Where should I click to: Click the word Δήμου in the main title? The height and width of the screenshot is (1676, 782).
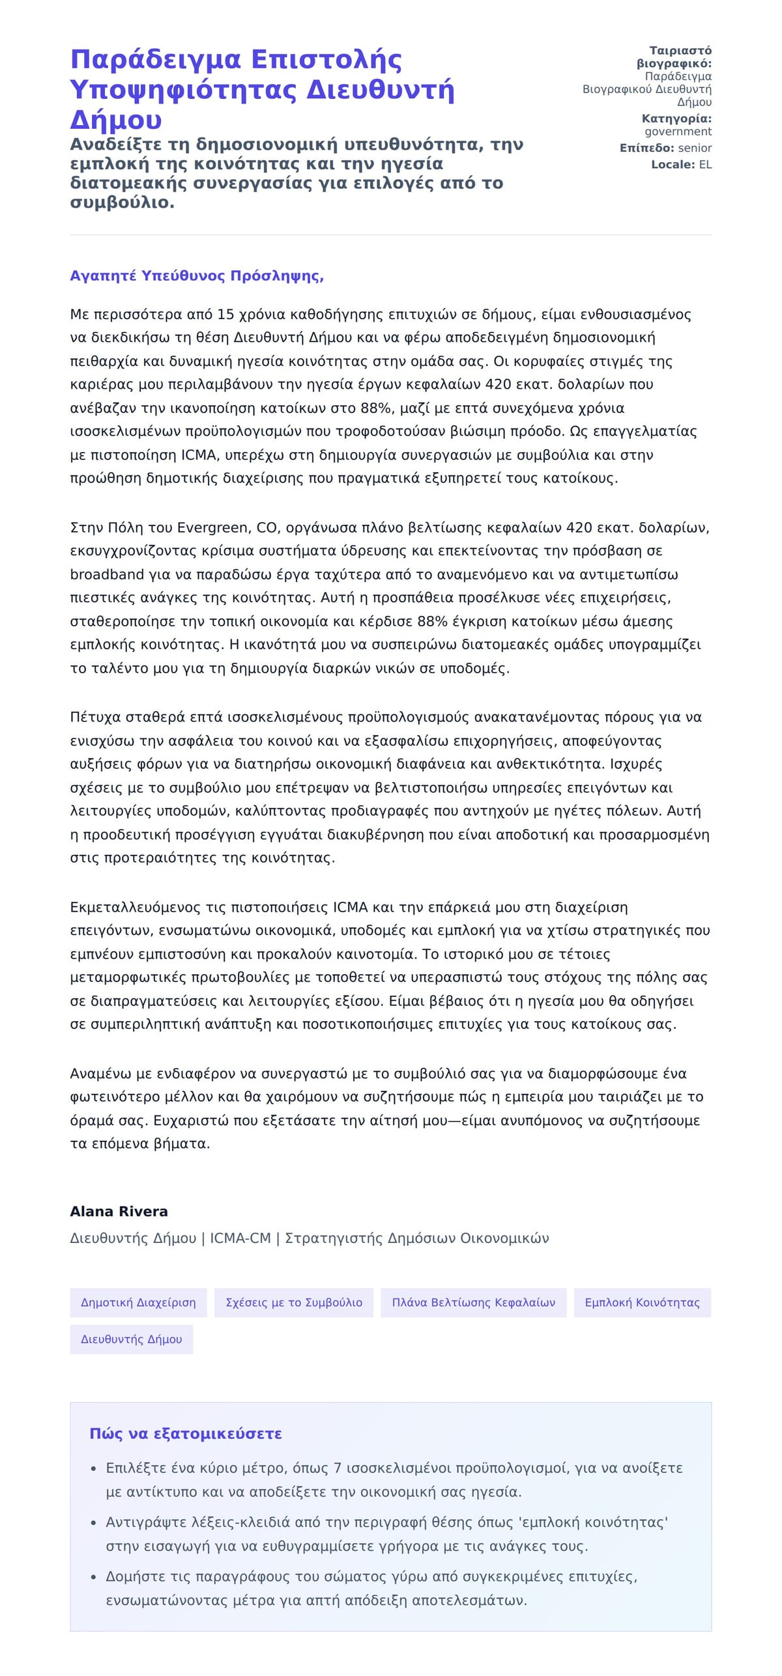click(116, 120)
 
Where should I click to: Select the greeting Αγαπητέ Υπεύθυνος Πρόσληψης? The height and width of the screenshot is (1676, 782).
click(197, 275)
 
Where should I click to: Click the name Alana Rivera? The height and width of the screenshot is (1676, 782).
click(119, 1211)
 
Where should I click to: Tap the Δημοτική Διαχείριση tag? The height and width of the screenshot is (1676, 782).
click(138, 1302)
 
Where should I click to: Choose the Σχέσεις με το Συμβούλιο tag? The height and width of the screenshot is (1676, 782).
click(293, 1302)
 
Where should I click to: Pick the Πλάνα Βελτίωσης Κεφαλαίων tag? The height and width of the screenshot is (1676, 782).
click(473, 1302)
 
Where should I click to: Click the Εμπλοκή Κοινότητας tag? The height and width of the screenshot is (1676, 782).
click(642, 1302)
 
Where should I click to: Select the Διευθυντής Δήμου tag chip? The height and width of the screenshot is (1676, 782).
click(131, 1339)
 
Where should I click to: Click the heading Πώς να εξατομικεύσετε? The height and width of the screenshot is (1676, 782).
click(186, 1434)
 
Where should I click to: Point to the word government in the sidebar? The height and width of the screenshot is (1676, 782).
click(678, 132)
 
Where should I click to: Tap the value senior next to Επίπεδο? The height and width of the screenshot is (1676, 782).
click(695, 148)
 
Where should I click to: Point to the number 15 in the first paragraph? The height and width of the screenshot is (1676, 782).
click(225, 314)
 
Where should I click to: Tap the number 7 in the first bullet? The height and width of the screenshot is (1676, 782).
click(338, 1468)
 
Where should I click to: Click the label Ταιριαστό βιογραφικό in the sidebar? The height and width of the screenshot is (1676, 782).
click(674, 57)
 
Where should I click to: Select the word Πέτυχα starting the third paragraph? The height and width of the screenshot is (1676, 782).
click(95, 717)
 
